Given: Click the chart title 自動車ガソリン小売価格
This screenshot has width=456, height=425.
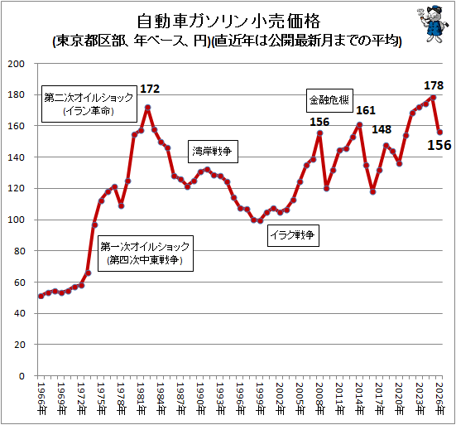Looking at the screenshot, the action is tap(228, 21).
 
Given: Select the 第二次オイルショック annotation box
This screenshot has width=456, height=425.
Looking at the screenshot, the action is tap(89, 104).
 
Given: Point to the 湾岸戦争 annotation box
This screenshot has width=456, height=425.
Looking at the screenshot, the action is tap(213, 152).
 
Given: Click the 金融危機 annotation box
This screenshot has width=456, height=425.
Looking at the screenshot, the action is tap(329, 100).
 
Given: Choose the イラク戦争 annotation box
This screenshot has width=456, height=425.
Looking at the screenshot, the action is tap(293, 235).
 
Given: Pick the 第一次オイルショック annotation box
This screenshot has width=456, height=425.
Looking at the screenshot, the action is tap(146, 254).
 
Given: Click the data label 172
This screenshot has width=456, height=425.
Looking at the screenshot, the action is tap(150, 89).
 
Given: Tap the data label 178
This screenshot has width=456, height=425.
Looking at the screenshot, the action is tap(434, 85).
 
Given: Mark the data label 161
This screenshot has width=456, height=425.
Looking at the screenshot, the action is tap(366, 110).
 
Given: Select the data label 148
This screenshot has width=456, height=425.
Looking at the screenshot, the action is tap(382, 129).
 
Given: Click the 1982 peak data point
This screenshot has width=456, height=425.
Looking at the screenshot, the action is tap(148, 108).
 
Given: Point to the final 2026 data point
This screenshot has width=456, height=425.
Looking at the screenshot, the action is tap(439, 133).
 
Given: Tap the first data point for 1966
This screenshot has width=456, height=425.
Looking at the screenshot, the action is tap(41, 296).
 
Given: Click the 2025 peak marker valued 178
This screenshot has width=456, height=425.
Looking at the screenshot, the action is tap(433, 98).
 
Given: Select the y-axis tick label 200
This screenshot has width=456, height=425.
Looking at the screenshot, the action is tap(17, 64).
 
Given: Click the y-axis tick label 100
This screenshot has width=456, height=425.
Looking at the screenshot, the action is tap(17, 220).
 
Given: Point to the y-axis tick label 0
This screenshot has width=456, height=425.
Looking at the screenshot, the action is tap(22, 376).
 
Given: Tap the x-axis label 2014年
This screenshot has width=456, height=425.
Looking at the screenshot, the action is tap(360, 398).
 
